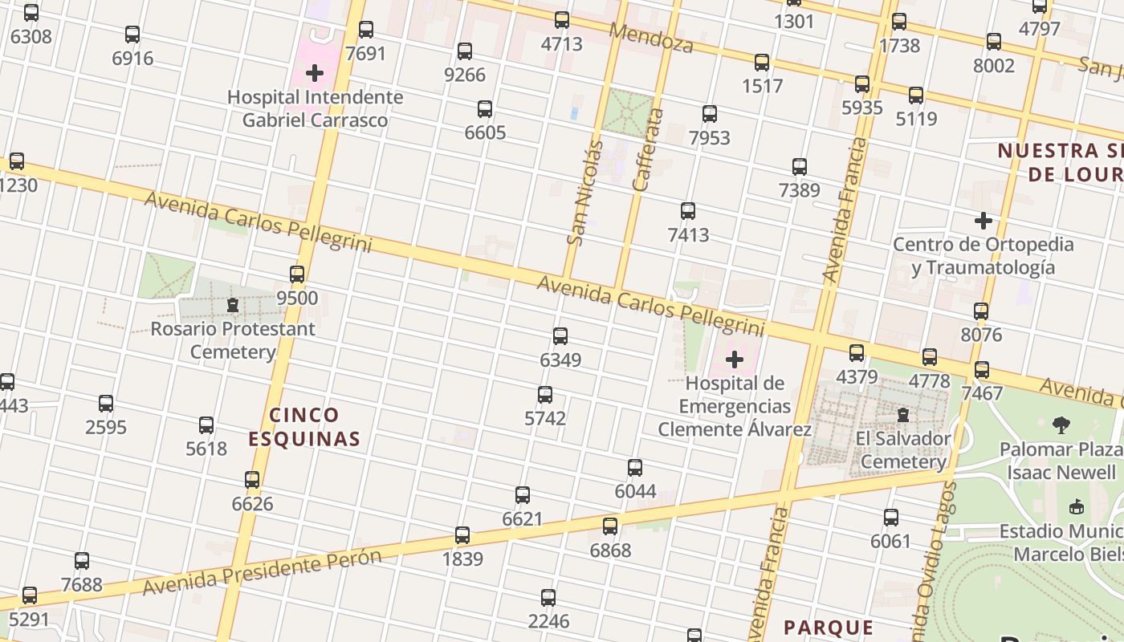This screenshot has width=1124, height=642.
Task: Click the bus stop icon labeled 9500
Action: point(297,274)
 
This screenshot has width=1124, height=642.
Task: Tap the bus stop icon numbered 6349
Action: point(560,336)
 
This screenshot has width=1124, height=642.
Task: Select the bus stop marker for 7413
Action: point(688,211)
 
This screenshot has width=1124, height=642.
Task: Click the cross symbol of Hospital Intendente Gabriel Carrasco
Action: point(315,74)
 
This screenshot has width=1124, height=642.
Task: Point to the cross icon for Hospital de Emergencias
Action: point(735,360)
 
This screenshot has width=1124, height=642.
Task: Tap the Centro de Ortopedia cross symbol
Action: point(983,221)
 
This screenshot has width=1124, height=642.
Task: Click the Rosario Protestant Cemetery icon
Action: point(233,306)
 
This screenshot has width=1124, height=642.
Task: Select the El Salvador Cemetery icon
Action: point(903,416)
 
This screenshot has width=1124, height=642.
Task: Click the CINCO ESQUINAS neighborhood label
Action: point(304,427)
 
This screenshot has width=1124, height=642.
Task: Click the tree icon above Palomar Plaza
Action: point(1061,425)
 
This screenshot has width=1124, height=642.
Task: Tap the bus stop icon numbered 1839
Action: point(462,535)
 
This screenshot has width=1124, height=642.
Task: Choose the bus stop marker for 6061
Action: point(891,518)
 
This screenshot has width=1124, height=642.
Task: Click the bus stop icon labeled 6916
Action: point(132,35)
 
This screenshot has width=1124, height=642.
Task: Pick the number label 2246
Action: point(548,621)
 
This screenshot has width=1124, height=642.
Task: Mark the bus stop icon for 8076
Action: point(981,311)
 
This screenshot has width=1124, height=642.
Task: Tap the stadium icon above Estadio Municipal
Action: point(1077,506)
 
